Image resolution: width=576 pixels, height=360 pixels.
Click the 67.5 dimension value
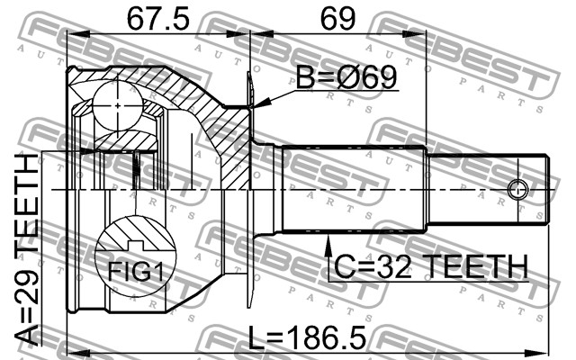[x=158, y=19]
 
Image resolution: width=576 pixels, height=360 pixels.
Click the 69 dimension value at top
[x=338, y=19]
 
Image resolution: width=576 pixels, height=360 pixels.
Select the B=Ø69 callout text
[x=346, y=77]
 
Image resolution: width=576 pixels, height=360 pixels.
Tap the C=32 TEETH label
[x=431, y=267]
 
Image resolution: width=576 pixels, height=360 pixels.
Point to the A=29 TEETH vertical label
[x=26, y=251]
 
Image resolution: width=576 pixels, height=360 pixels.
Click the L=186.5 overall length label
[x=307, y=338]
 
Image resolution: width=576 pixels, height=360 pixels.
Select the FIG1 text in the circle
[x=136, y=271]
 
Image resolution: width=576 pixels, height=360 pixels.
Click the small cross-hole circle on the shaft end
[x=518, y=190]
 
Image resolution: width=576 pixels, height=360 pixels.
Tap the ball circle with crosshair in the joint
[x=118, y=106]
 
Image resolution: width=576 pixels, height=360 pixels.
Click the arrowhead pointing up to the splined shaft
[x=328, y=245]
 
